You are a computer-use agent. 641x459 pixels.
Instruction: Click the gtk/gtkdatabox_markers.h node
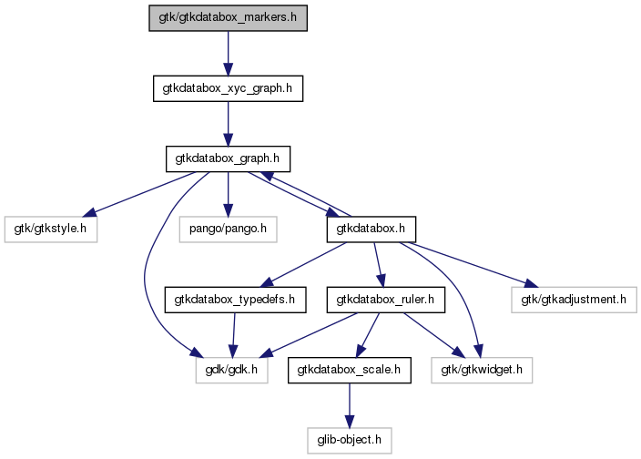tap(229, 18)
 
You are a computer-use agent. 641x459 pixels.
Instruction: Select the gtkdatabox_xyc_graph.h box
tap(229, 88)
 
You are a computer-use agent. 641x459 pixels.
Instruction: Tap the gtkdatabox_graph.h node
tap(229, 158)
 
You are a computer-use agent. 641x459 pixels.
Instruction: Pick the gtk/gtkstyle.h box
tap(51, 229)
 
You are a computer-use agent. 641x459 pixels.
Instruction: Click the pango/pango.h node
tap(229, 229)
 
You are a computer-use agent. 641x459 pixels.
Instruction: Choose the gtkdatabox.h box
tap(371, 229)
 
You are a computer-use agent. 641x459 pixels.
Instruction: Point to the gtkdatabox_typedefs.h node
tap(235, 300)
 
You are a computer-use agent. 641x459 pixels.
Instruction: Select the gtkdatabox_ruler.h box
tap(385, 300)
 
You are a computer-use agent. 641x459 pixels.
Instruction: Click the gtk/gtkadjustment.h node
tap(574, 300)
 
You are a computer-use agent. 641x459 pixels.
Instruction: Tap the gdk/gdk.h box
tap(232, 370)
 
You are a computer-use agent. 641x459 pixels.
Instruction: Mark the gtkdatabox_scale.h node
tap(349, 370)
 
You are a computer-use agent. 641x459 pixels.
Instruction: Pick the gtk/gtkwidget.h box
tap(482, 370)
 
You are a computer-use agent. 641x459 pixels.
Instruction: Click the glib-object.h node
tap(349, 440)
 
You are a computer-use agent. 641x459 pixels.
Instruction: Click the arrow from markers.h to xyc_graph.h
tap(229, 53)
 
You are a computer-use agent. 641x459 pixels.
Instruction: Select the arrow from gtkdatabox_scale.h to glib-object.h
tap(349, 405)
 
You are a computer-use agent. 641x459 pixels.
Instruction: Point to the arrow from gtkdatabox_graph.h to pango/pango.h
tap(229, 194)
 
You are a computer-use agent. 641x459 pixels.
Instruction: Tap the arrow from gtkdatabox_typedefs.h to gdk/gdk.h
tap(233, 335)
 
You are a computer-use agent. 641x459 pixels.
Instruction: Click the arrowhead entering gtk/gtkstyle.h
tap(89, 212)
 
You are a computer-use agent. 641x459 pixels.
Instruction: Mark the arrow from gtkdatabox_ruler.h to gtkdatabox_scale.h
tap(368, 335)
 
